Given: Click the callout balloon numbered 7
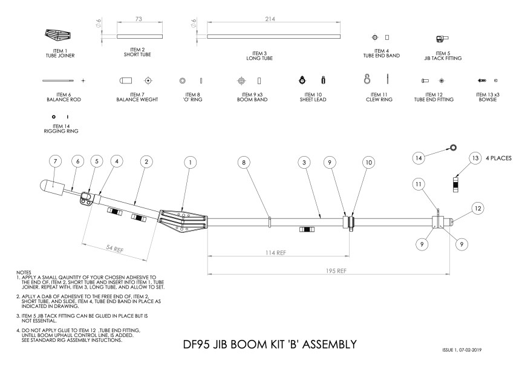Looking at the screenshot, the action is coord(55,162).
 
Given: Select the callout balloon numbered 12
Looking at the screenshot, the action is coord(478,209).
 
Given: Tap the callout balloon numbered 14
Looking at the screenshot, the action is coord(419,158).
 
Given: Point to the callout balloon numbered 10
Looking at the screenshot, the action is coord(368,163).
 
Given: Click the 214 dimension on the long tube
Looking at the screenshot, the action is coord(270,19).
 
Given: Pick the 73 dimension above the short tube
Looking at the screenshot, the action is coord(139,19).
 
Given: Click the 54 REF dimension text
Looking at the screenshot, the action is coord(114,249).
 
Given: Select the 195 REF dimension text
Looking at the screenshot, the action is coord(336,271).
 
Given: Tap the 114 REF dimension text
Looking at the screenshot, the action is coord(276,253).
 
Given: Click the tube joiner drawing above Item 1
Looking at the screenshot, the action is coord(58,34).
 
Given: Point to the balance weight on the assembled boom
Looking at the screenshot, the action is coord(51,188).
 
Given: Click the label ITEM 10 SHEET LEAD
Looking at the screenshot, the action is coord(313,97).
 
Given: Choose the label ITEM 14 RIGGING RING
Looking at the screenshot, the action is coord(61,129).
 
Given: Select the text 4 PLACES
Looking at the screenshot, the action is coord(498,158).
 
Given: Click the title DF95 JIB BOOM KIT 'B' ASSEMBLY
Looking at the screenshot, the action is coord(270,344).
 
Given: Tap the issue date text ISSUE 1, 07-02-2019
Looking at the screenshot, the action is coord(462,350).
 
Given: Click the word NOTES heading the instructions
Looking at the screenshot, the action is coord(24,272).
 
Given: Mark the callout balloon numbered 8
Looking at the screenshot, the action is coord(244,163).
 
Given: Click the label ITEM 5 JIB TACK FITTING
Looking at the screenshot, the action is coord(443,56).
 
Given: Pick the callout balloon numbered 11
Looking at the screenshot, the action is coord(419,184).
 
